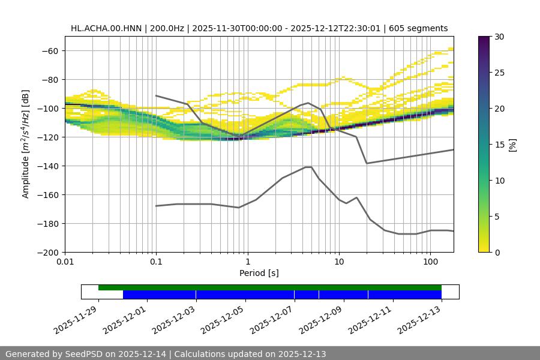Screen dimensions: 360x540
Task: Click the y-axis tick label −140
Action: click(x=47, y=166)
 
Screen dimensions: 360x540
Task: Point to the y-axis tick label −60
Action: click(x=50, y=50)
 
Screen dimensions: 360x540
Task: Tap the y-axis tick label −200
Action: click(x=47, y=252)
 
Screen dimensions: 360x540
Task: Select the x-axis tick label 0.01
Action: click(x=65, y=262)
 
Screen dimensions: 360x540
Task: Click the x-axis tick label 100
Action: click(x=430, y=262)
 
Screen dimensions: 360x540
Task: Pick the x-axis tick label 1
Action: click(x=247, y=262)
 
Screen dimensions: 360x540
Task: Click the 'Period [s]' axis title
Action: click(x=259, y=273)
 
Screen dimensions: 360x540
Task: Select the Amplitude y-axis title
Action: click(x=26, y=144)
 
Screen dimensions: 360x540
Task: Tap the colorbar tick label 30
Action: click(x=499, y=37)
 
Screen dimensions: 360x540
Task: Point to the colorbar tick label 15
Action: click(x=499, y=144)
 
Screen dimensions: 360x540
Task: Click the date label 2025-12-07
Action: click(x=272, y=319)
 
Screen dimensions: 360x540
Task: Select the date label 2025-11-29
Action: click(x=77, y=319)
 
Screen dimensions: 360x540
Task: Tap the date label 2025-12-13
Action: click(x=420, y=319)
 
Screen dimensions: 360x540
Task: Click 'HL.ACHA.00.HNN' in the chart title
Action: click(x=101, y=28)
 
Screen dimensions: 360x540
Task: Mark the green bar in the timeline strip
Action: click(x=270, y=287)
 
